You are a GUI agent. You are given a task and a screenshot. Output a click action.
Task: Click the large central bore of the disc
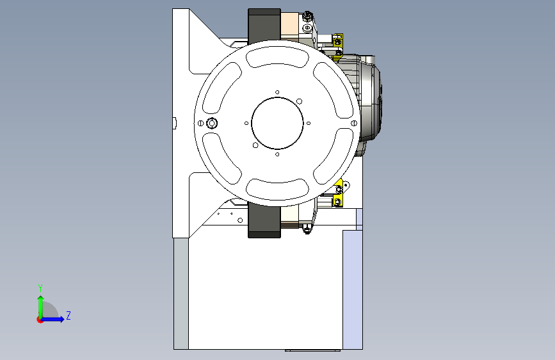coord(277,123)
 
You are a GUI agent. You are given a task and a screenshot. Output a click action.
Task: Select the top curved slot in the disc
coord(277,58)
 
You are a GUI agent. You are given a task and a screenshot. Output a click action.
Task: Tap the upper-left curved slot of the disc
coord(222,88)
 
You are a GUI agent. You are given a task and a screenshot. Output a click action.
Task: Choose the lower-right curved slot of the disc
coord(333,156)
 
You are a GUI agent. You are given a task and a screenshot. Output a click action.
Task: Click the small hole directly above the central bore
coord(277,92)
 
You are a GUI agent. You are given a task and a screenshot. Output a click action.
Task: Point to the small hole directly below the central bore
coord(277,154)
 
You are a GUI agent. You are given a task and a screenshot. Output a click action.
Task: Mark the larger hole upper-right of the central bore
coord(299,101)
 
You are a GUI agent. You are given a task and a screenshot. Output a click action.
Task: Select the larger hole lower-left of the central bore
coord(255,145)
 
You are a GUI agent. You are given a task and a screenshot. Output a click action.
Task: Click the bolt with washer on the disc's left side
coord(212,123)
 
